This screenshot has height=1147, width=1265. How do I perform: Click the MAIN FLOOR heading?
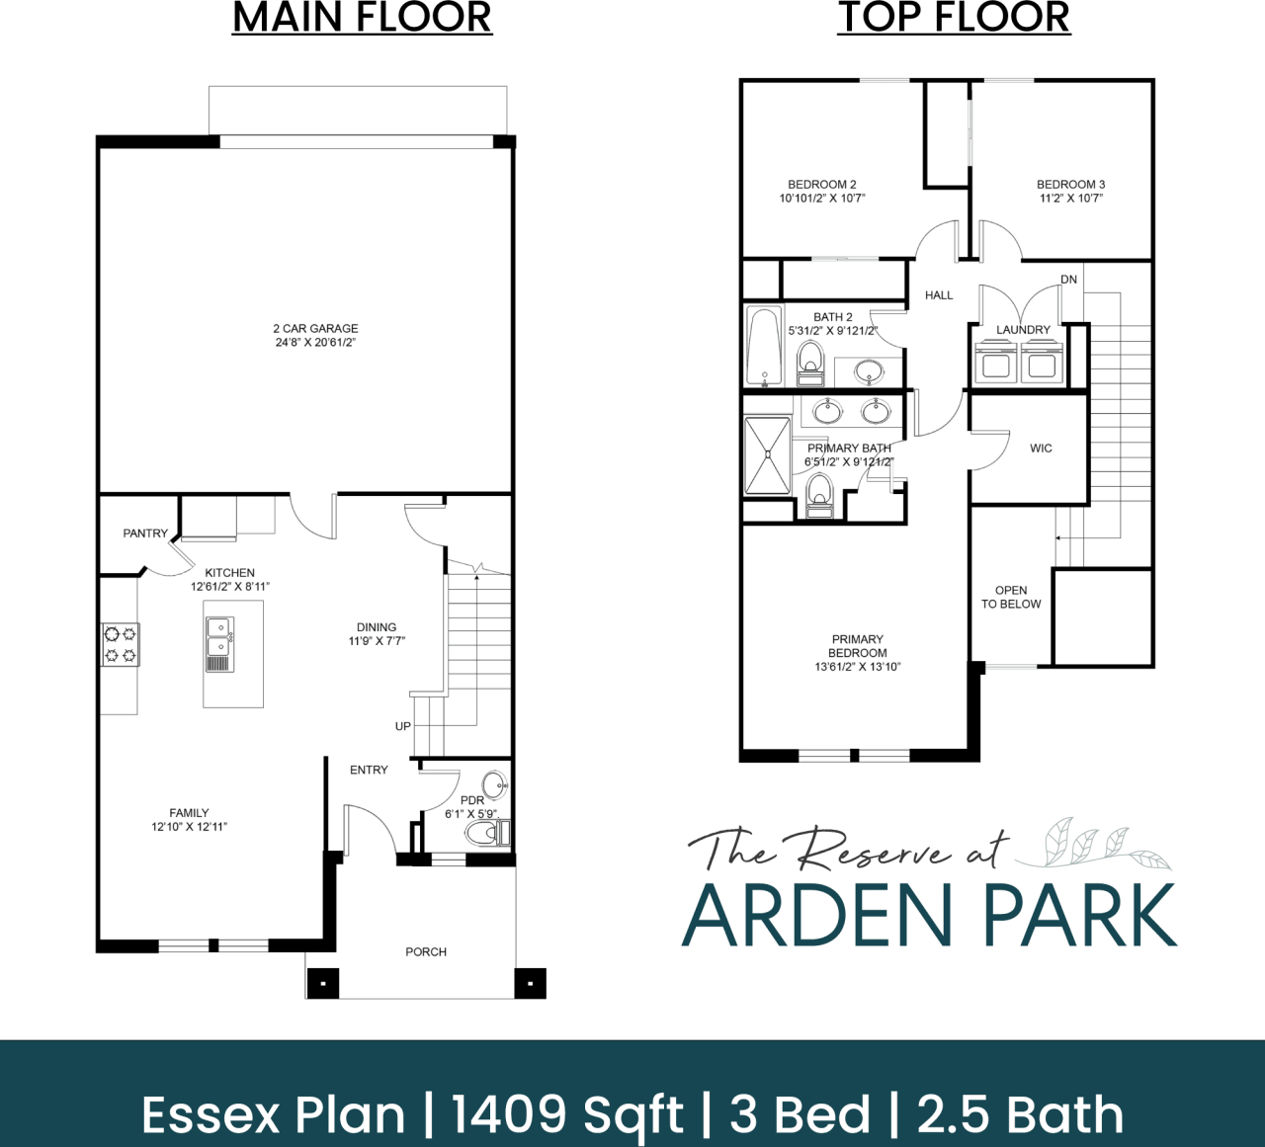362,18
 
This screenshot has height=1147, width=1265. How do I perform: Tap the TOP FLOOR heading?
954,18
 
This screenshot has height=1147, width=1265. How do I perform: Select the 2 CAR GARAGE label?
315,335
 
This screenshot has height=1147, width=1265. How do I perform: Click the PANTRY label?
145,533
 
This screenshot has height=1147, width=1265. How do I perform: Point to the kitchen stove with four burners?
121,644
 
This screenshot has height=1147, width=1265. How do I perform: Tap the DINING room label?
377,633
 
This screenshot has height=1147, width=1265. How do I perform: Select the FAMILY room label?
189,820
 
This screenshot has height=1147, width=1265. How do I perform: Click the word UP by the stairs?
403,726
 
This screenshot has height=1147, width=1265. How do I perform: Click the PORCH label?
426,952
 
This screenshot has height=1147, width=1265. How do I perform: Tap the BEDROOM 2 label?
821,191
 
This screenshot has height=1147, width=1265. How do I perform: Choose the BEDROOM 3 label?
1070,191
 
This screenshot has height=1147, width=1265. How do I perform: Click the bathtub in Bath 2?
764,348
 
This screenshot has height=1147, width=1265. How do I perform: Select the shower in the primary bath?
767,455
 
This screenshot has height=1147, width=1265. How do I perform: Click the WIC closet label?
1041,449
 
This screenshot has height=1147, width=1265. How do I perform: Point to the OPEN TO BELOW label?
1011,597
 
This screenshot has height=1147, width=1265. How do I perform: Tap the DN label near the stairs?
1068,280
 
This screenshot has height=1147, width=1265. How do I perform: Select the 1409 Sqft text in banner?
567,1114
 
